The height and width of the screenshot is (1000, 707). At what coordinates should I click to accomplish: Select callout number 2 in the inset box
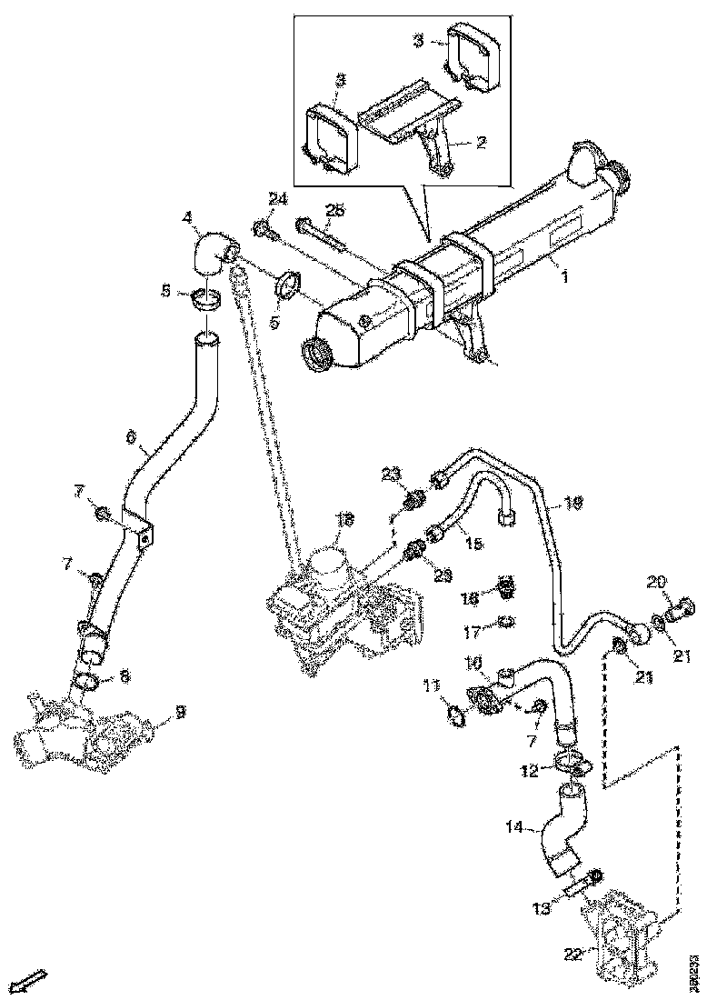point(482,142)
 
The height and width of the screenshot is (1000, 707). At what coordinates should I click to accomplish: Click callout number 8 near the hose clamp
point(124,675)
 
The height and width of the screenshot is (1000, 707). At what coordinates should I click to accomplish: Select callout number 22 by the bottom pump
point(572,954)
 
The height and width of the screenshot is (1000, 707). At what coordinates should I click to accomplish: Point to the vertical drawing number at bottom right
point(694,969)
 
